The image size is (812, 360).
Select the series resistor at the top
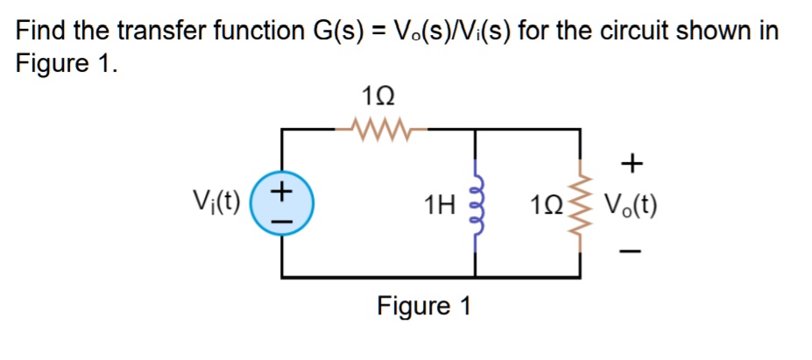[x=378, y=131]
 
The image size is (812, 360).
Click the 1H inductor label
[x=438, y=207]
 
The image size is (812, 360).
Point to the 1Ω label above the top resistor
[x=378, y=95]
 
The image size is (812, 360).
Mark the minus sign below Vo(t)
[x=632, y=252]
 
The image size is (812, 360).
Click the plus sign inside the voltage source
[x=281, y=189]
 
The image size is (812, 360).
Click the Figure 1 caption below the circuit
[x=424, y=307]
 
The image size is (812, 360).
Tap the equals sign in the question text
[x=378, y=32]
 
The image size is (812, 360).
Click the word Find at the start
[x=42, y=32]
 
